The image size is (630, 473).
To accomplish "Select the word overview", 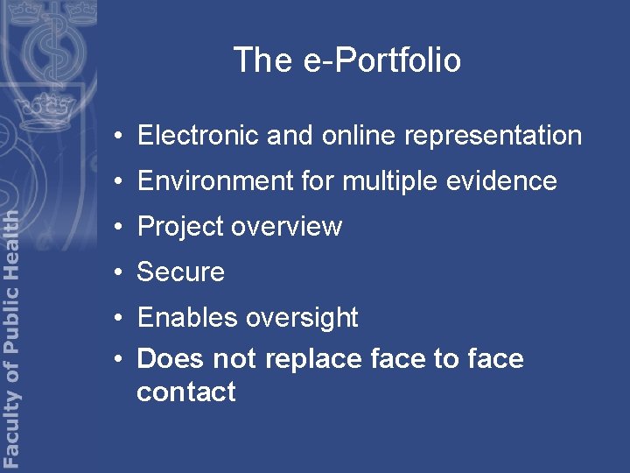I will point(288,227).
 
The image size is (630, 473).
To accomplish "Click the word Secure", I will point(181,272).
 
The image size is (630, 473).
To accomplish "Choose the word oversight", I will point(303,318).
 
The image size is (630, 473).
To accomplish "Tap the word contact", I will point(186,392).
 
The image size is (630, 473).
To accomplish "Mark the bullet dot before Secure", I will point(117,272).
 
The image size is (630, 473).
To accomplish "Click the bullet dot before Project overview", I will point(117,227).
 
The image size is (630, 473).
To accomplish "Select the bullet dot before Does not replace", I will point(117,359).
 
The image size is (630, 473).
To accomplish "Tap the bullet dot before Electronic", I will point(117,136).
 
